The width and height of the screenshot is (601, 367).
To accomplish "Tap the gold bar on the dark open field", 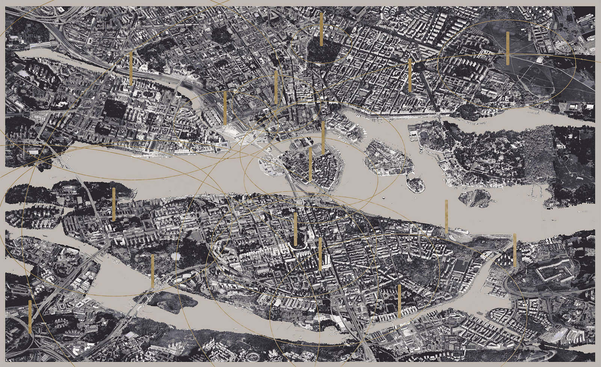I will [x=507, y=48].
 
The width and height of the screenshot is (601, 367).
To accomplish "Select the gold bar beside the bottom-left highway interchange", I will [x=30, y=317].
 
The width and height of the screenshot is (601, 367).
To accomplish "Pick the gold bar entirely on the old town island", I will [x=310, y=164].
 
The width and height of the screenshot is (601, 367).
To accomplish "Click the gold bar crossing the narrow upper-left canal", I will [x=131, y=68].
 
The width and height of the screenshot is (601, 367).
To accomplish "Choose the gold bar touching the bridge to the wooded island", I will [x=153, y=270].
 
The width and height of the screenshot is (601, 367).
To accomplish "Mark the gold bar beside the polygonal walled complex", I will [x=515, y=250].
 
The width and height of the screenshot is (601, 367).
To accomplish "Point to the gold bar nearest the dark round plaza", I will [x=409, y=75].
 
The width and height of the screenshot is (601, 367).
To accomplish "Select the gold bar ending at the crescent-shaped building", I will [x=296, y=229].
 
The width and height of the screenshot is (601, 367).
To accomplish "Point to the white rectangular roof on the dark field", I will [x=540, y=61].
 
